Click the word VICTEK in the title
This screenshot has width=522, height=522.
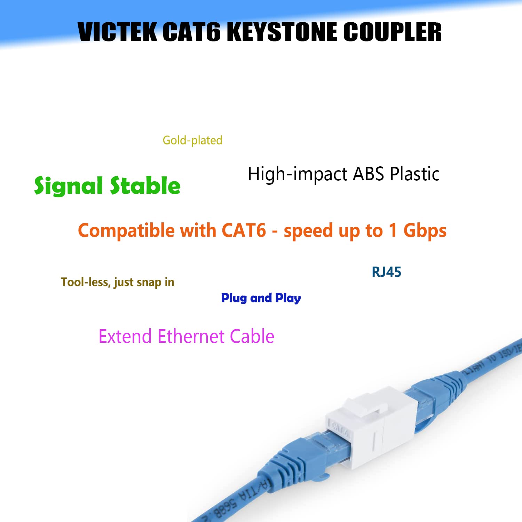pyautogui.click(x=118, y=32)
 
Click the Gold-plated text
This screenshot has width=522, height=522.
pyautogui.click(x=192, y=140)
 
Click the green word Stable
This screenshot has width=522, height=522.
pyautogui.click(x=145, y=185)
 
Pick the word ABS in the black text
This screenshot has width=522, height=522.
pyautogui.click(x=368, y=174)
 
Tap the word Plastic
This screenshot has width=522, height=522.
pyautogui.click(x=414, y=174)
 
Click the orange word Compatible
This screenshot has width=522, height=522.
pyautogui.click(x=127, y=230)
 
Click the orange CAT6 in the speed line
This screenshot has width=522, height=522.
pyautogui.click(x=244, y=230)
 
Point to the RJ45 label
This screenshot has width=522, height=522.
pyautogui.click(x=386, y=272)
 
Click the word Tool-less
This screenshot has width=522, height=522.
pyautogui.click(x=85, y=282)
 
